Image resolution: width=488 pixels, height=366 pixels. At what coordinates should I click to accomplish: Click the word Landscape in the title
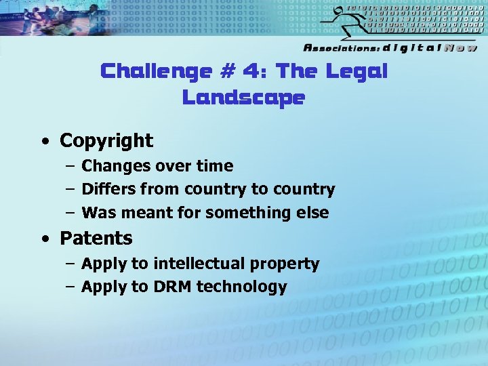[243, 98]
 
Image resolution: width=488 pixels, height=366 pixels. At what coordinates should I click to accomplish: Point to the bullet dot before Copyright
[44, 142]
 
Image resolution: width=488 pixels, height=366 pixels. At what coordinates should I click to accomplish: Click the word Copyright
[106, 141]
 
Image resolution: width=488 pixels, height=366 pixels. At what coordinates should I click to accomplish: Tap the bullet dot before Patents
[44, 239]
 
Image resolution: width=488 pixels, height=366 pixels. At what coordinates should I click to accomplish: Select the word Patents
[96, 239]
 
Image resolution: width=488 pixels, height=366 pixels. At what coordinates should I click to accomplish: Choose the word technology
[242, 287]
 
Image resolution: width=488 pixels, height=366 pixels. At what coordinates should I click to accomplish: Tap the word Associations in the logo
[341, 48]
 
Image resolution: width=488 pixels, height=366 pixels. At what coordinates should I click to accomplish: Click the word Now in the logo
[460, 48]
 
